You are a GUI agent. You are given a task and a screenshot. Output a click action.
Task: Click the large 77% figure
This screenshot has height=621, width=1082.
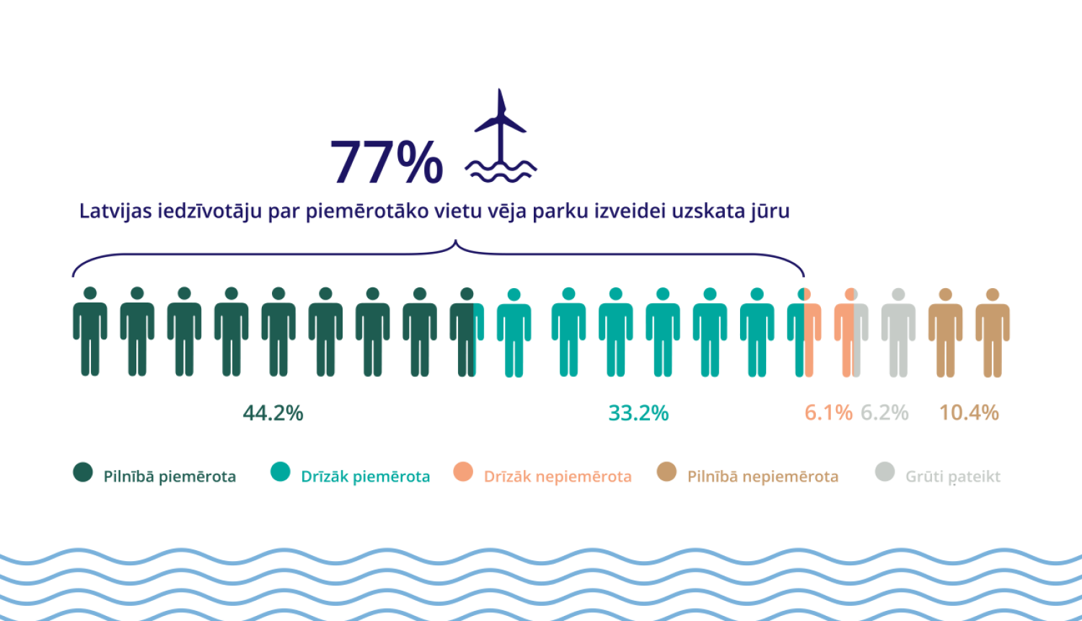coord(387,162)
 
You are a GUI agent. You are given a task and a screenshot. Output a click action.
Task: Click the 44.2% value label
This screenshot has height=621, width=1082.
coord(273,413)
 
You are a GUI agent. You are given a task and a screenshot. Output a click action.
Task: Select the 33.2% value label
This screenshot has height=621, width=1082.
coord(638,413)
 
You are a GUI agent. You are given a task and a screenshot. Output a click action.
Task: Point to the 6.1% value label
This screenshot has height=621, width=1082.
coord(828,413)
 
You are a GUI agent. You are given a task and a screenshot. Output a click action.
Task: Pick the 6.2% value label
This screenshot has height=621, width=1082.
coord(884,413)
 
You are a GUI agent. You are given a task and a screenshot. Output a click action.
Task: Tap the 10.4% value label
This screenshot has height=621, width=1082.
coord(969,413)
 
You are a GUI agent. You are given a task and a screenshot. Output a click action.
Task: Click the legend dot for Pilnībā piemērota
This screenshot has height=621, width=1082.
coord(83,472)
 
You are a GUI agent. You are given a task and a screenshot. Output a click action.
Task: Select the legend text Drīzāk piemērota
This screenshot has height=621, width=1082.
coord(365,477)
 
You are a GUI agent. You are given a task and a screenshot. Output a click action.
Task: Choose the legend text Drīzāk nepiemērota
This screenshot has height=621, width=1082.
coord(558,477)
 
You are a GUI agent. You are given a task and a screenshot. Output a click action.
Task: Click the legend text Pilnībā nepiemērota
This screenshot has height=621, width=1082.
coord(762,477)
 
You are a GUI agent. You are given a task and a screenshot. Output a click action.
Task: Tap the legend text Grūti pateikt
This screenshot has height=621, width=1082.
coord(953,477)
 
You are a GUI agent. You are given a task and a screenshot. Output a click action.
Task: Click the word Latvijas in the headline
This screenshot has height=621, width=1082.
coord(115,212)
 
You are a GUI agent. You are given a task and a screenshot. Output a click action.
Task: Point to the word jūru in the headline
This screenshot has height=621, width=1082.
coord(770,212)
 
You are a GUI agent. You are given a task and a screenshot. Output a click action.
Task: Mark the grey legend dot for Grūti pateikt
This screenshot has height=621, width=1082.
coord(884,472)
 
